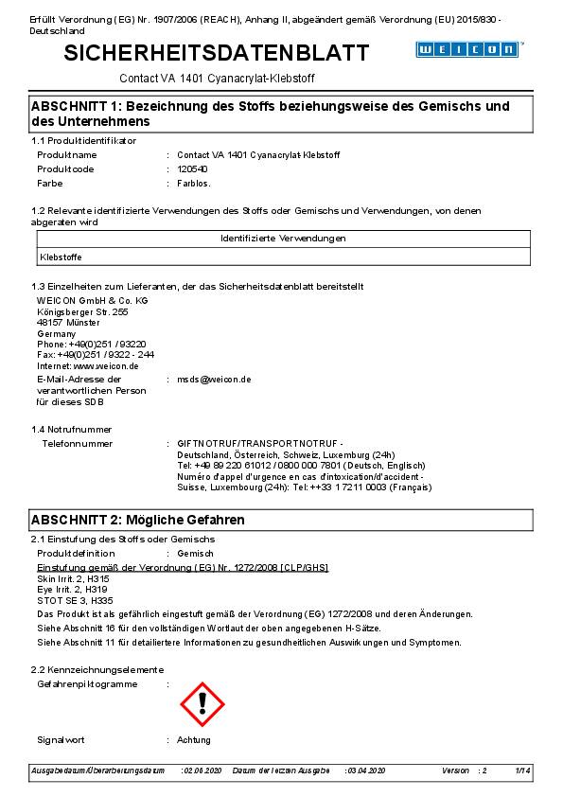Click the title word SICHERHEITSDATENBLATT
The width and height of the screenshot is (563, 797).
click(217, 54)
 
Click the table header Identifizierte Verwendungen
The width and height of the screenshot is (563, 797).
click(283, 239)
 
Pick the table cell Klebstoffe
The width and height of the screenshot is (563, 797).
click(62, 256)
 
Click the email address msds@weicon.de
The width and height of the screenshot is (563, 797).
click(214, 379)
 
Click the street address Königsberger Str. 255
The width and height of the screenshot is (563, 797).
click(81, 311)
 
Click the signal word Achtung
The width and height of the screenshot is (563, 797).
click(194, 739)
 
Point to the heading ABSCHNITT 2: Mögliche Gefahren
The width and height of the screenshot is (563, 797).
click(138, 520)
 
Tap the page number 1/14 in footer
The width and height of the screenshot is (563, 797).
click(522, 771)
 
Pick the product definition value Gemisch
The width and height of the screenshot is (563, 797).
click(195, 553)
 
